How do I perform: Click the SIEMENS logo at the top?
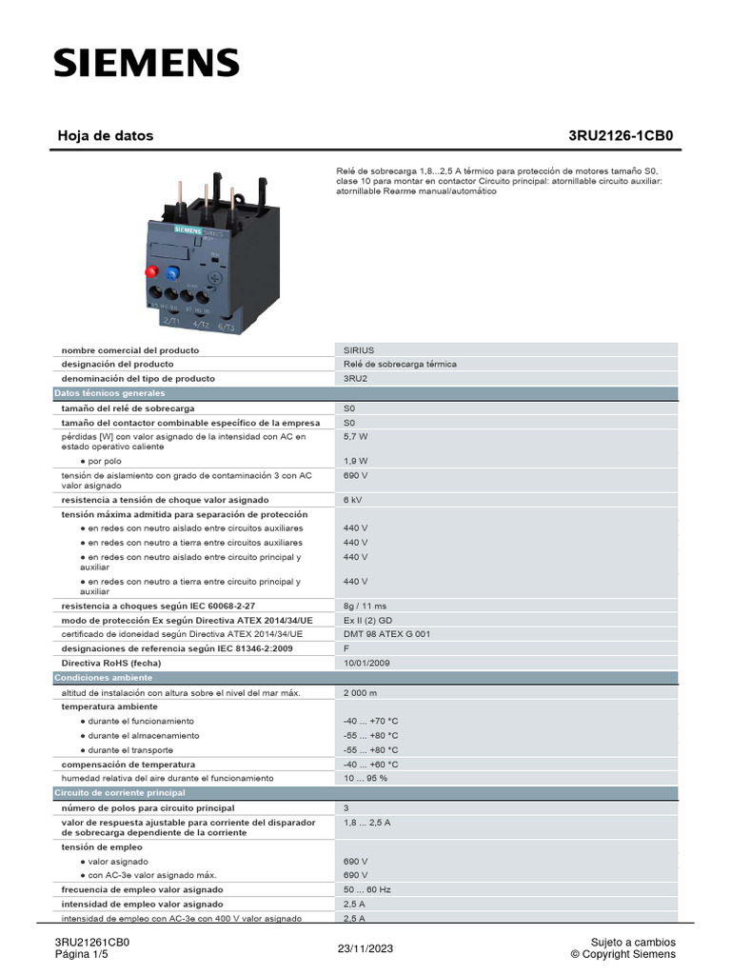pyautogui.click(x=146, y=64)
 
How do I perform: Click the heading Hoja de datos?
pyautogui.click(x=106, y=136)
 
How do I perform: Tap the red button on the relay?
pyautogui.click(x=151, y=272)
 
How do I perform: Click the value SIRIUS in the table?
pyautogui.click(x=359, y=350)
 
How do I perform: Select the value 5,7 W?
pyautogui.click(x=356, y=436)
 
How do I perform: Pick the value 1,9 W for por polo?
pyautogui.click(x=356, y=461)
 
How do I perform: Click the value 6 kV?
pyautogui.click(x=353, y=500)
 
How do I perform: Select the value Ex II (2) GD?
pyautogui.click(x=367, y=620)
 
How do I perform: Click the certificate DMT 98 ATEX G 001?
pyautogui.click(x=387, y=634)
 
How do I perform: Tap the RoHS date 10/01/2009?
pyautogui.click(x=366, y=663)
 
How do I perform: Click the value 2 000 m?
pyautogui.click(x=361, y=693)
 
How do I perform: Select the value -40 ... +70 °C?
pyautogui.click(x=371, y=722)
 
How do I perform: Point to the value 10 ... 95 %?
pyautogui.click(x=365, y=778)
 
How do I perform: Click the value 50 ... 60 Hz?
pyautogui.click(x=367, y=889)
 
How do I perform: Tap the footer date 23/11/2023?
pyautogui.click(x=365, y=949)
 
